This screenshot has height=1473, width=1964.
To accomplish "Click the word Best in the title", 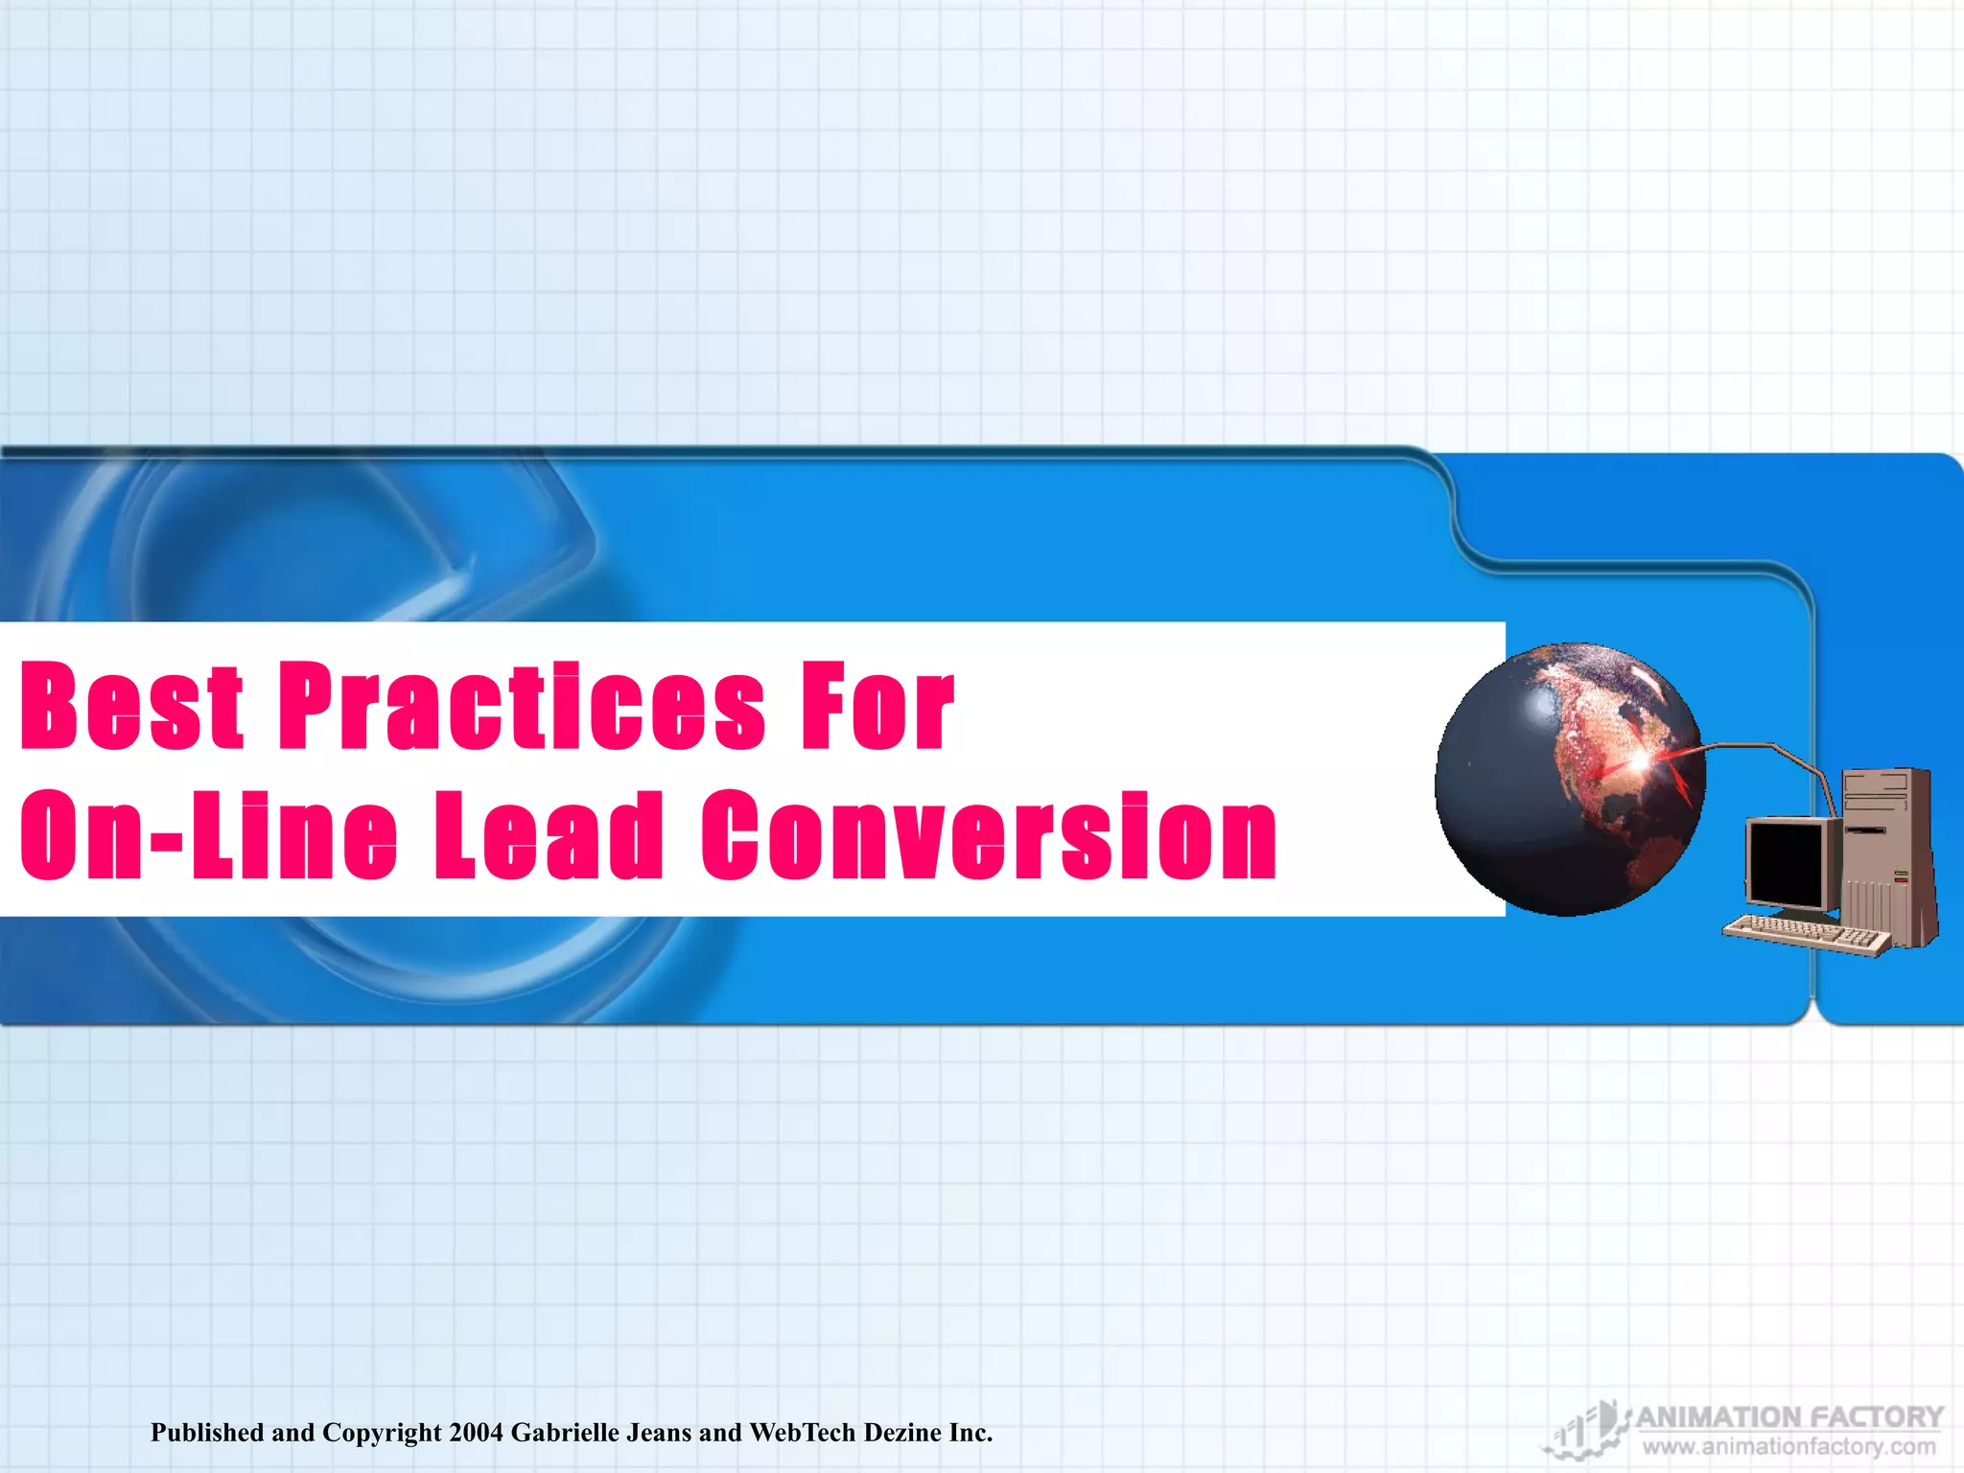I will click(132, 707).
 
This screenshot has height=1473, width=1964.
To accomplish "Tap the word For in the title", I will click(877, 707).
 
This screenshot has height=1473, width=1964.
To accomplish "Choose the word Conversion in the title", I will click(989, 834).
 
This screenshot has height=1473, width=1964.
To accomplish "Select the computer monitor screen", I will click(1785, 861).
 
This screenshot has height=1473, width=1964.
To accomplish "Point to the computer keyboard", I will click(1803, 933).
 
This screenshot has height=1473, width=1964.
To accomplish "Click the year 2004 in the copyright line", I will click(476, 1433).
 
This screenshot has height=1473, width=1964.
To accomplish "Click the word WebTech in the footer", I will click(802, 1433).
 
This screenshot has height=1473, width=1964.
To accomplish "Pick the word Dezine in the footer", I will click(902, 1433).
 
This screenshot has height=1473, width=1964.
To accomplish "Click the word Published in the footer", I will click(207, 1433).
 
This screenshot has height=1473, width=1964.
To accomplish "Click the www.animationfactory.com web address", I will click(1789, 1446).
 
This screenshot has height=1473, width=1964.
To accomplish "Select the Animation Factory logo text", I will click(1789, 1416).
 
